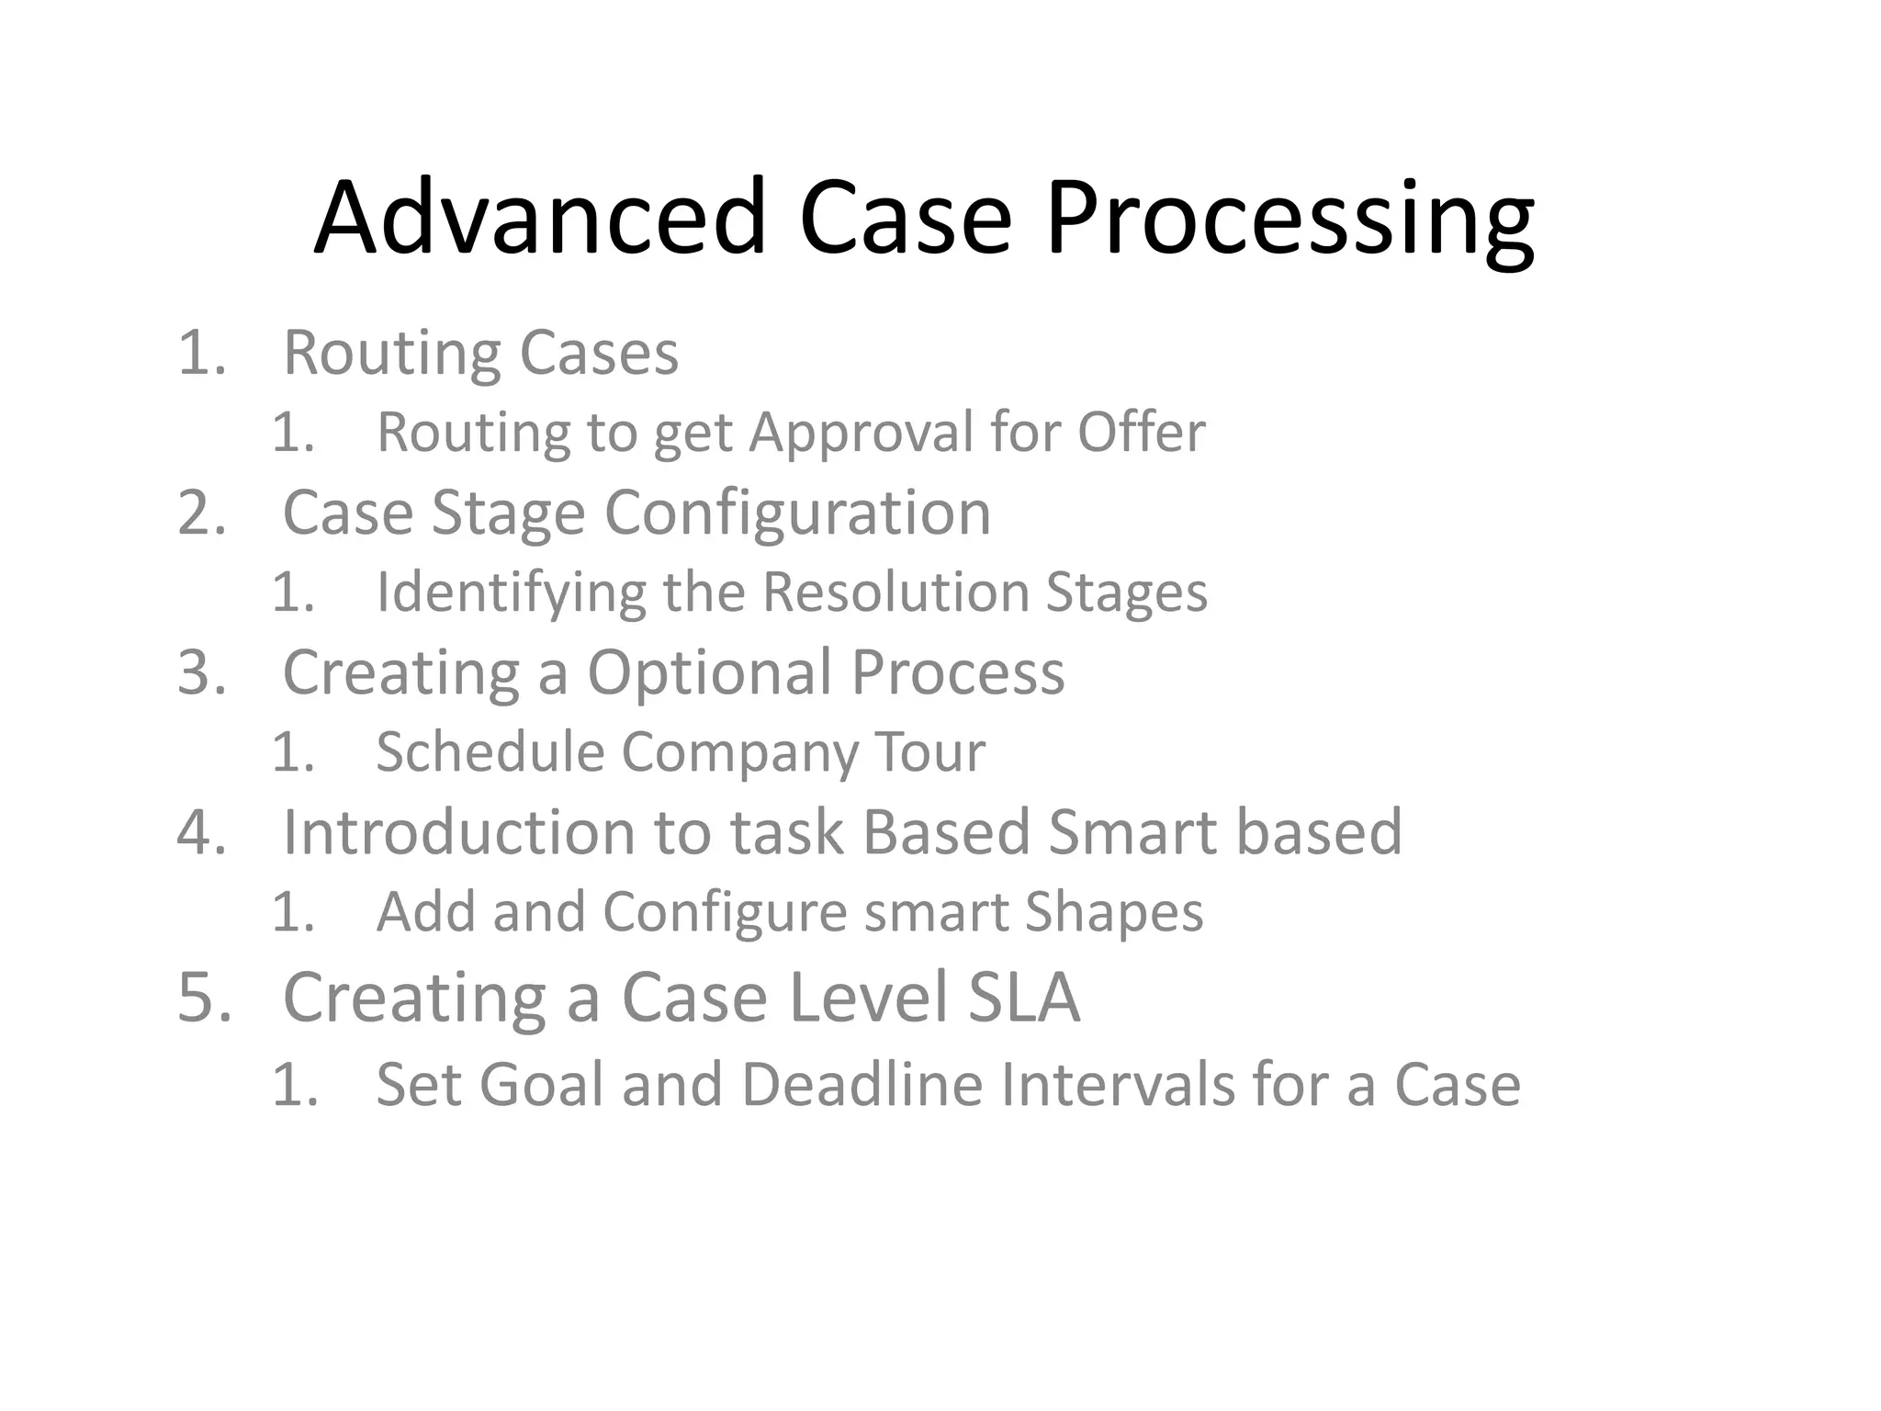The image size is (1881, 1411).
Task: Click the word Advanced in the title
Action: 540,219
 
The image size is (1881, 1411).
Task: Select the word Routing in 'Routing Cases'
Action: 391,355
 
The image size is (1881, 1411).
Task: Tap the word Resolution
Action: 895,592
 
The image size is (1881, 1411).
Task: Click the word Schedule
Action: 490,751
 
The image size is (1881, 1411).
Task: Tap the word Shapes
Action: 1113,912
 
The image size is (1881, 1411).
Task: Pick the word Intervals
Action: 1116,1085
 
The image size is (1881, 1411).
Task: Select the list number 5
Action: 204,998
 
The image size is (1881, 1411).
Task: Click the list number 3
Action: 202,672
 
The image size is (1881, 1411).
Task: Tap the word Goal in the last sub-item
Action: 541,1085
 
